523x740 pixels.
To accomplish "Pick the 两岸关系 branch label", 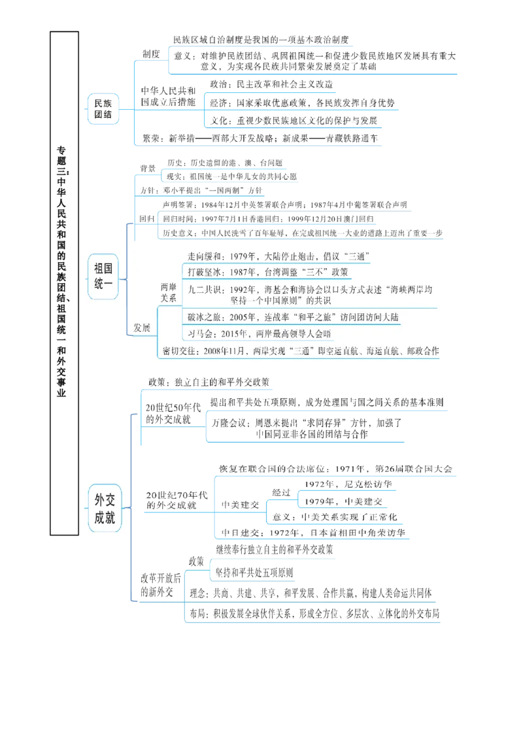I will (169, 292).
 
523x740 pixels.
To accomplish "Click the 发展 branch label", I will (142, 328).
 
